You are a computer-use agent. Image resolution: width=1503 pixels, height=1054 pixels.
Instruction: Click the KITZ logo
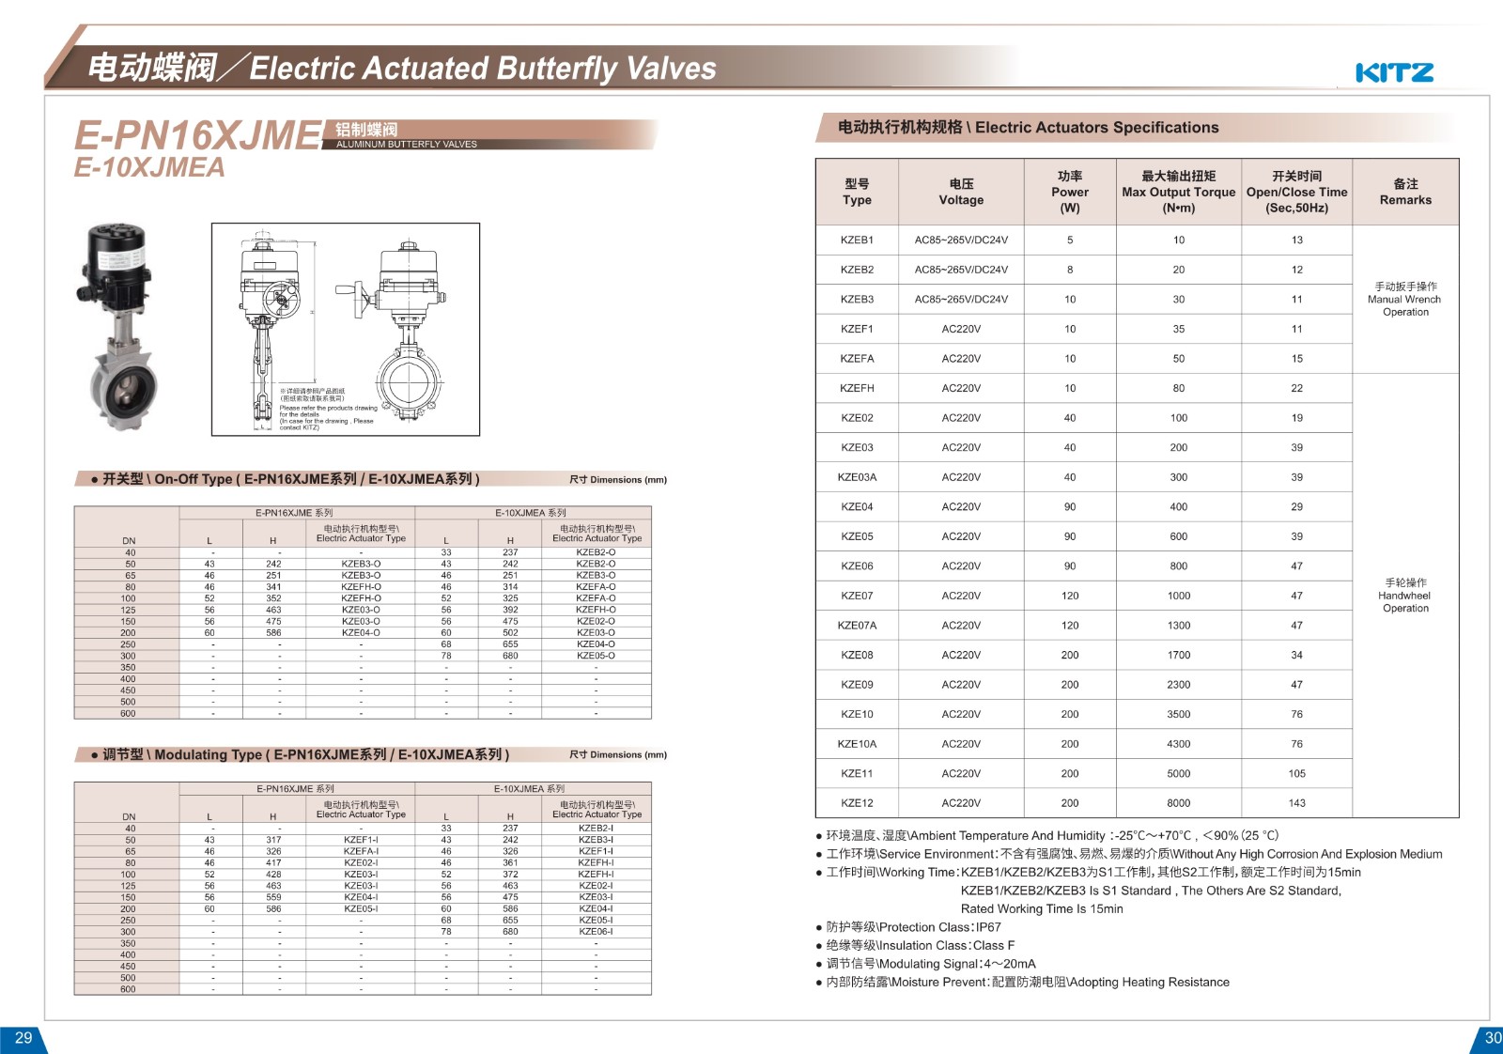(x=1394, y=72)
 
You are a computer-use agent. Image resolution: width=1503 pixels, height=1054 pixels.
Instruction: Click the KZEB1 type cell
(x=857, y=240)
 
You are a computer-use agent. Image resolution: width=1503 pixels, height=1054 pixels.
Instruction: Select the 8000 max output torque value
(x=1178, y=803)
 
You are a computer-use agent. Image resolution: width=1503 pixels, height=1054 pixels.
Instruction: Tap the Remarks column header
(x=1405, y=192)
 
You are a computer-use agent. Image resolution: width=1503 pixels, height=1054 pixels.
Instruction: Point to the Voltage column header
(x=961, y=192)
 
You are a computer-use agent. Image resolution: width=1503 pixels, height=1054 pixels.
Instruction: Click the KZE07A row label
(x=857, y=626)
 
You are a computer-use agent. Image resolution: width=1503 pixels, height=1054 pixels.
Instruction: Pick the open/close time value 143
(x=1296, y=803)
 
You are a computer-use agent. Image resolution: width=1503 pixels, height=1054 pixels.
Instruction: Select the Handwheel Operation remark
(x=1405, y=596)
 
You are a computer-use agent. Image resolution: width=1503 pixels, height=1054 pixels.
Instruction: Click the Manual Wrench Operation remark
(x=1405, y=299)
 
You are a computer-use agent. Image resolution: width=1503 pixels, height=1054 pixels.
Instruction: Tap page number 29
(x=23, y=1038)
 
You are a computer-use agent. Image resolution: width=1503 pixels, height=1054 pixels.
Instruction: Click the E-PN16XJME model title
(x=198, y=136)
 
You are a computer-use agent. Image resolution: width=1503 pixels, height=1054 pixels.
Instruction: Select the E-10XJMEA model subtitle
(x=149, y=168)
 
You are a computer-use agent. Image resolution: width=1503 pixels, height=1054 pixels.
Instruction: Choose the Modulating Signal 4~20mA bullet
(x=930, y=964)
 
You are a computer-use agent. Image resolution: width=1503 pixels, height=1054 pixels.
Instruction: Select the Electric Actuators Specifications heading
(x=1028, y=128)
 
